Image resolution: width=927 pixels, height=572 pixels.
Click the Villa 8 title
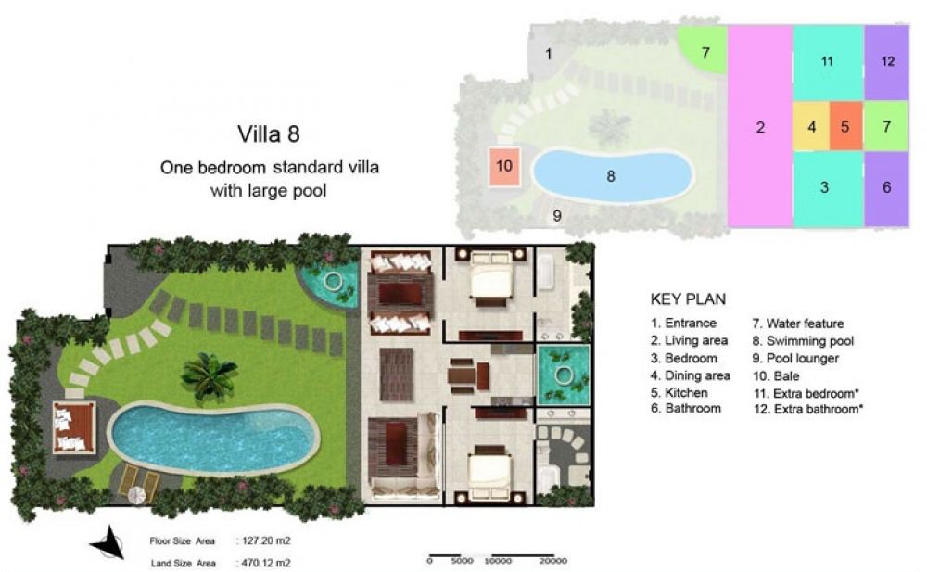coord(269,134)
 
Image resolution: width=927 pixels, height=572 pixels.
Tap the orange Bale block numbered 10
coord(504,166)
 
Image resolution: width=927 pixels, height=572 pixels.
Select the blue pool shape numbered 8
coord(613,176)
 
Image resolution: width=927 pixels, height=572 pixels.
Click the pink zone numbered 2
coord(760,126)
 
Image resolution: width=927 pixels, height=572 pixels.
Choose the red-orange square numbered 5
coord(846,127)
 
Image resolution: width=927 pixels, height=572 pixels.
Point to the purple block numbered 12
coord(887,62)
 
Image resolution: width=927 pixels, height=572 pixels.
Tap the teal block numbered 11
coord(828,62)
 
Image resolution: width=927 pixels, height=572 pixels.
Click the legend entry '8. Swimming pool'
coord(803,341)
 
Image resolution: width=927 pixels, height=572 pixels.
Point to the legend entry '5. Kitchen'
coord(679,393)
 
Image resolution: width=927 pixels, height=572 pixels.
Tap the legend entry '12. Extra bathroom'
coord(807,410)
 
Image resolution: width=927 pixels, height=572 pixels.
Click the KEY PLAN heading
coord(688,299)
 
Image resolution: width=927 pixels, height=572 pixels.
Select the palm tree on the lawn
coord(208,375)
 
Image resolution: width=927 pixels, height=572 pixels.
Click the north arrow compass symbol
coord(108,542)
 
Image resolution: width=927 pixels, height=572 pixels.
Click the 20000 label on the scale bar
coord(552,561)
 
